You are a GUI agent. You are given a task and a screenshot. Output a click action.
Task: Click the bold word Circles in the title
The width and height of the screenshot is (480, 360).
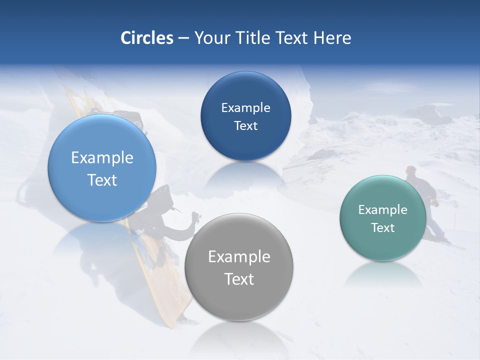pyautogui.click(x=147, y=38)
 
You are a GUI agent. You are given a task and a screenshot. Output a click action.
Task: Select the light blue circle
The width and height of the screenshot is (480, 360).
pyautogui.click(x=102, y=200)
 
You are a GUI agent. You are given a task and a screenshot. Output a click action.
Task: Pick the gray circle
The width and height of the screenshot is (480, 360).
pyautogui.click(x=239, y=300)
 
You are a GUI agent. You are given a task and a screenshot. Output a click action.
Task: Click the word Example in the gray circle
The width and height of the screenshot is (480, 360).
pyautogui.click(x=239, y=256)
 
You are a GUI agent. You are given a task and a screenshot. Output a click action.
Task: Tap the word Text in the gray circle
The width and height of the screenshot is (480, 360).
pyautogui.click(x=239, y=279)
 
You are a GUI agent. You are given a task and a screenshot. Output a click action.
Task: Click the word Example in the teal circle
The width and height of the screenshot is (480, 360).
pyautogui.click(x=383, y=210)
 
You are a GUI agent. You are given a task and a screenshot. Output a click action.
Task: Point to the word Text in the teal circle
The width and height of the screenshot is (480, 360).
pyautogui.click(x=383, y=228)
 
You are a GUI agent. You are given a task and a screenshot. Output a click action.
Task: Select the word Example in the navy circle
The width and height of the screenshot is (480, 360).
pyautogui.click(x=245, y=107)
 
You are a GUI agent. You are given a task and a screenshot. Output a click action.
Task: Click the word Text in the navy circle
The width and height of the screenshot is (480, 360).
pyautogui.click(x=245, y=126)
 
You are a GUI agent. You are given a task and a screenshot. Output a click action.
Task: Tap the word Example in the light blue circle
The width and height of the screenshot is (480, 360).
pyautogui.click(x=102, y=158)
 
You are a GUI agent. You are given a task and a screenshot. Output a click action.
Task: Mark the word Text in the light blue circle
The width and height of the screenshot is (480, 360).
pyautogui.click(x=102, y=180)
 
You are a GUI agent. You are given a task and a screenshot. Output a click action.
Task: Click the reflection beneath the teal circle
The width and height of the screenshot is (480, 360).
pyautogui.click(x=383, y=275)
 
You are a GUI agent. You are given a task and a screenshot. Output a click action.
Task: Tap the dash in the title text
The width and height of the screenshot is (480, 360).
pyautogui.click(x=183, y=38)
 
